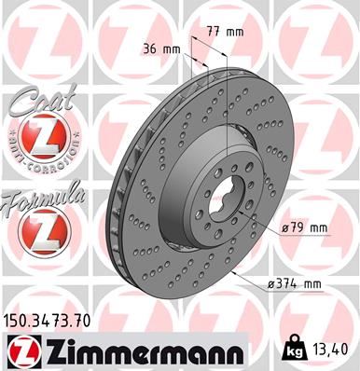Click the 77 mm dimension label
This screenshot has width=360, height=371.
pos(227,32)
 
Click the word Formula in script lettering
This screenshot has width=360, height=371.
pos(41,197)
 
